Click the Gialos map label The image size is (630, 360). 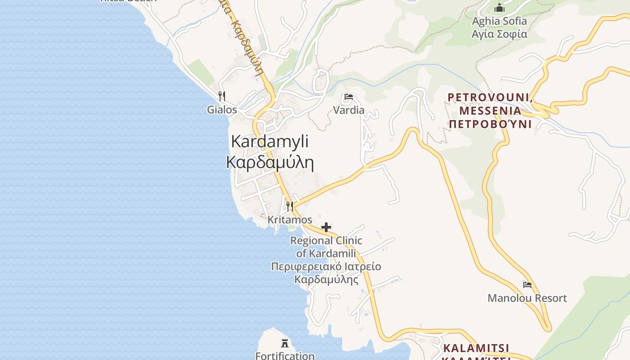click(x=222, y=109)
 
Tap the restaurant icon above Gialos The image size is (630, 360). click(x=221, y=96)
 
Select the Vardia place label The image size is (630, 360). click(x=349, y=110)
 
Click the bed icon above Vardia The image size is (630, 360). click(x=349, y=97)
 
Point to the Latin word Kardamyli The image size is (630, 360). click(x=270, y=141)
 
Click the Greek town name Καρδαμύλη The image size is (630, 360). click(x=270, y=162)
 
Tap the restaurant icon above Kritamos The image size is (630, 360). click(x=290, y=207)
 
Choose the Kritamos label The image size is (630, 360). click(x=290, y=220)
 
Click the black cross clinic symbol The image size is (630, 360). click(x=326, y=227)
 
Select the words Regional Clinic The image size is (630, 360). click(x=326, y=241)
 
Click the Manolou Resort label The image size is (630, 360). click(x=527, y=298)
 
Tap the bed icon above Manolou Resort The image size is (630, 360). click(x=527, y=285)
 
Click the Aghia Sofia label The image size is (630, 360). click(x=499, y=21)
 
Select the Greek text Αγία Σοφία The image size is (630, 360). click(x=499, y=34)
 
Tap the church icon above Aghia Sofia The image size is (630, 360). click(x=499, y=8)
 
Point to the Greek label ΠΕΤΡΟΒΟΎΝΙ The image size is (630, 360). click(x=490, y=124)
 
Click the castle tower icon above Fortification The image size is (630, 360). click(x=285, y=343)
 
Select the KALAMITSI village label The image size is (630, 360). click(x=476, y=348)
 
